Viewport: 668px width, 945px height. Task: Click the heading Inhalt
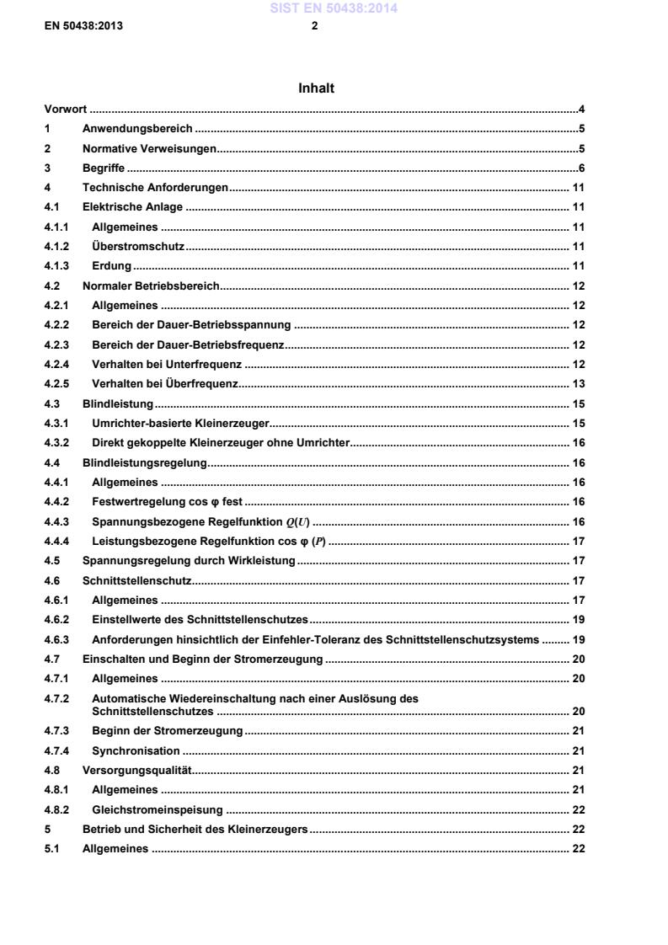316,88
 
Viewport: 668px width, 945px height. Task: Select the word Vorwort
66,109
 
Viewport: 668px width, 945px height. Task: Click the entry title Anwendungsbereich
137,129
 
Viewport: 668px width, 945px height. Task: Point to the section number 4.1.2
56,247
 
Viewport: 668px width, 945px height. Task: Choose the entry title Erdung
111,266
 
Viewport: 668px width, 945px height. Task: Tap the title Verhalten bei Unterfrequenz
167,365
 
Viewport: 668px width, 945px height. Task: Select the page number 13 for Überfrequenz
579,384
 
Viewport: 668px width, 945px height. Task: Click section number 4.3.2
56,443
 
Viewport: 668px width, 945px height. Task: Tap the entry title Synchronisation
136,750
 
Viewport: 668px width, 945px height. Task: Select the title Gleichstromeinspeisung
158,809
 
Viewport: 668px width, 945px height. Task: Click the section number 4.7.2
56,698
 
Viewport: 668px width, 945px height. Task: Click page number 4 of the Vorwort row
581,109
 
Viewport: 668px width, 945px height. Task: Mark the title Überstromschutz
138,247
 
